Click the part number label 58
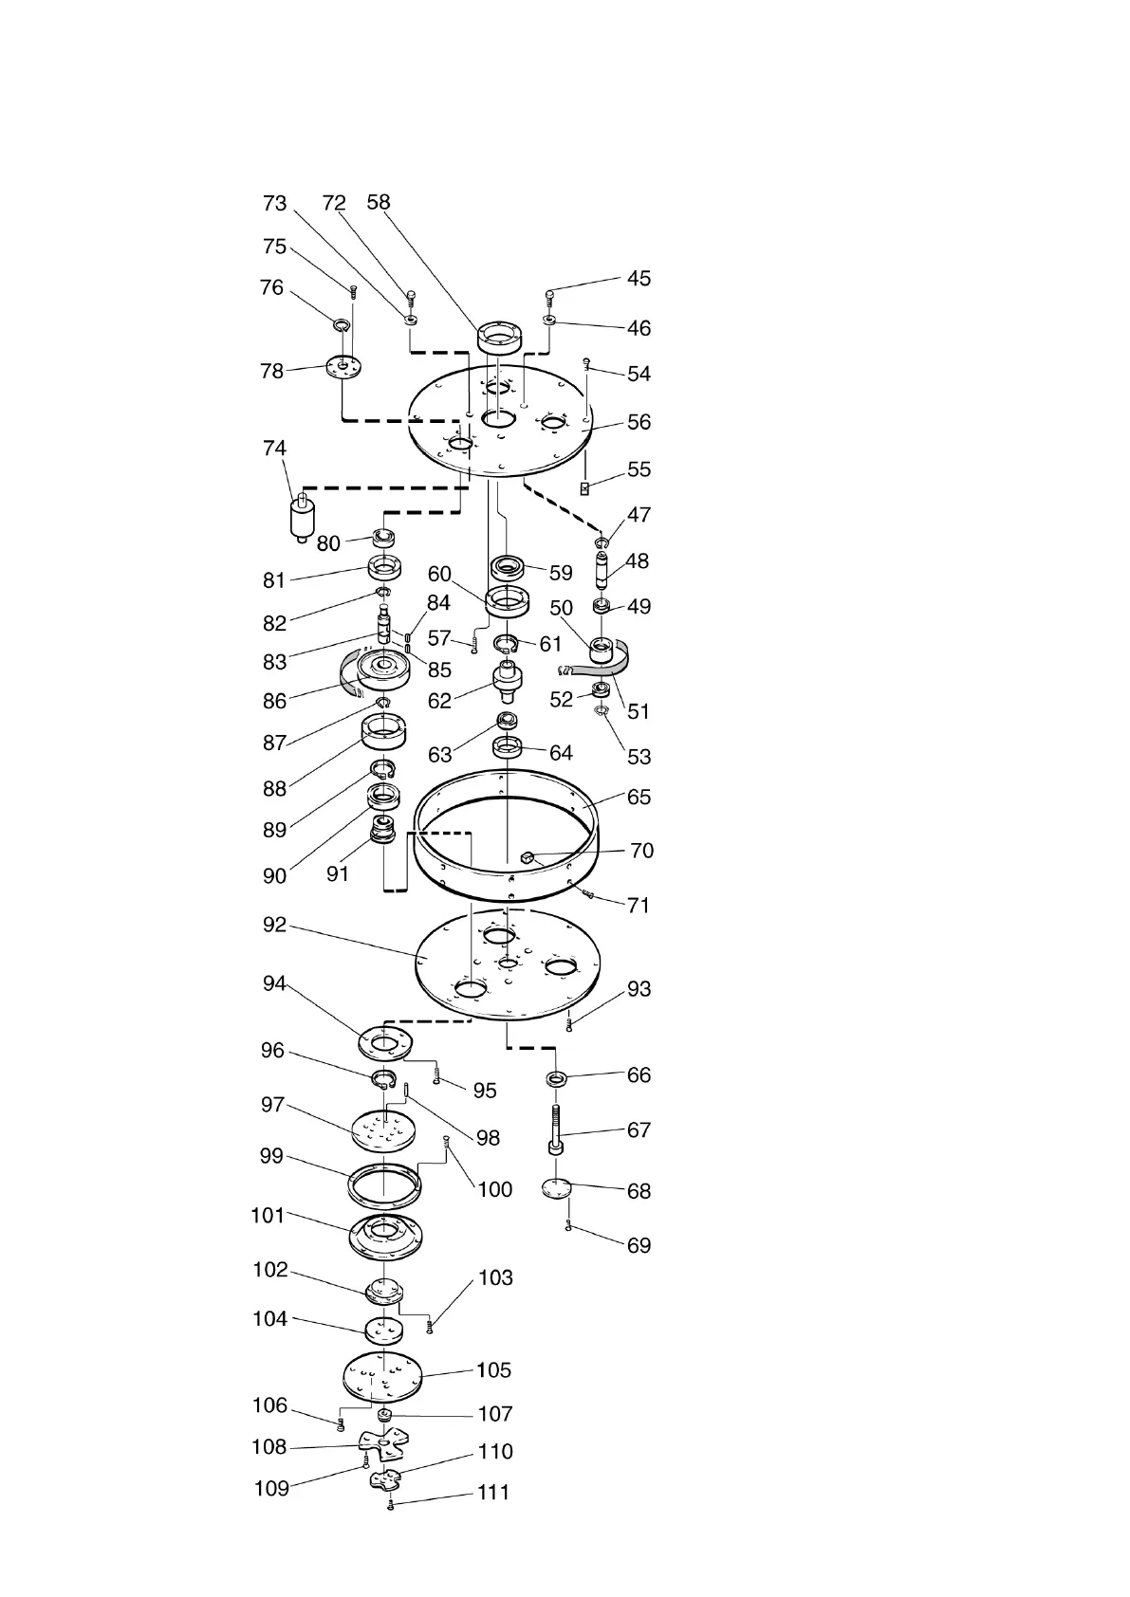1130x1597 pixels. pyautogui.click(x=379, y=202)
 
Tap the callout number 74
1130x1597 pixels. pyautogui.click(x=274, y=449)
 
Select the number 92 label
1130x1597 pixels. pyautogui.click(x=274, y=925)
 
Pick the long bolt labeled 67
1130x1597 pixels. pyautogui.click(x=555, y=1129)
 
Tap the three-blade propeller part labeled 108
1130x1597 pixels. pyautogui.click(x=381, y=1446)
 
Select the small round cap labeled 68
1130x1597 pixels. pyautogui.click(x=557, y=1188)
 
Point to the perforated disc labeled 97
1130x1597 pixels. pyautogui.click(x=384, y=1129)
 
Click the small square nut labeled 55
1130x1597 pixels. pyautogui.click(x=585, y=487)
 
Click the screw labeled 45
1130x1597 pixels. pyautogui.click(x=550, y=297)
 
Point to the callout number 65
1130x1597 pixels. pyautogui.click(x=639, y=797)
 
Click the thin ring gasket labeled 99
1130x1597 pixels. pyautogui.click(x=383, y=1182)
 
